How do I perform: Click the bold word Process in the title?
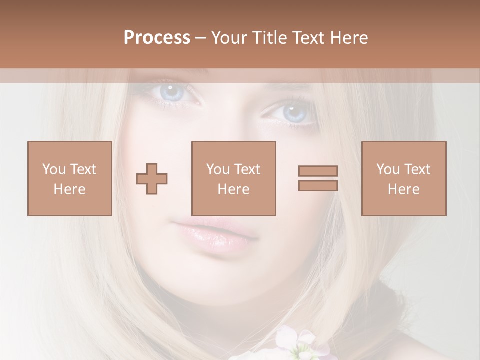[x=157, y=38]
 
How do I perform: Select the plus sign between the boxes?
[x=152, y=179]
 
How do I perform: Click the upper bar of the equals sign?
[x=318, y=171]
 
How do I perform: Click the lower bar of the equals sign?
[x=318, y=186]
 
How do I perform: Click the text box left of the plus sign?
[x=70, y=178]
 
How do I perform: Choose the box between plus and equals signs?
[x=234, y=178]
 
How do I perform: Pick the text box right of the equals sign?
[x=404, y=178]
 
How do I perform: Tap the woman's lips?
[x=216, y=234]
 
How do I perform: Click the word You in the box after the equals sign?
[x=388, y=169]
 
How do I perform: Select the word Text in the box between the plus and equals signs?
[x=248, y=169]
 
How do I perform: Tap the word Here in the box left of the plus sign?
[x=70, y=189]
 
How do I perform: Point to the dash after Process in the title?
[x=200, y=38]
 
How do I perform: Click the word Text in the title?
[x=307, y=38]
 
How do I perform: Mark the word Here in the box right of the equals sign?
[x=404, y=189]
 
